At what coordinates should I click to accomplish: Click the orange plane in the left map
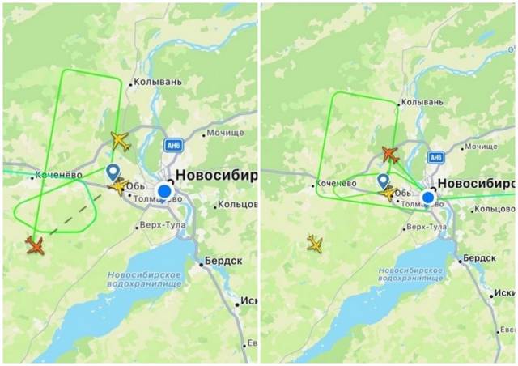[x=34, y=245]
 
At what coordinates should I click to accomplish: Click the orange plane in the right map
[x=389, y=154]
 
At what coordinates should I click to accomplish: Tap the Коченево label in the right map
[x=336, y=185]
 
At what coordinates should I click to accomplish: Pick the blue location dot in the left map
[x=164, y=191]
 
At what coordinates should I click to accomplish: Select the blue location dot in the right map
[x=427, y=197]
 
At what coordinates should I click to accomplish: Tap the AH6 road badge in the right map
[x=438, y=156]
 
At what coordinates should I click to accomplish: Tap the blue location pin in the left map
[x=112, y=172]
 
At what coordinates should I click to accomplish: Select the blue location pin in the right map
[x=383, y=181]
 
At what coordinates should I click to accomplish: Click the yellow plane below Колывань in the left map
[x=121, y=140]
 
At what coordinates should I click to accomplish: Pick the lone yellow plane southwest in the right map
[x=315, y=243]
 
